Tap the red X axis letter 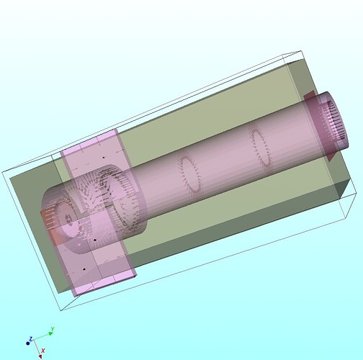(43, 351)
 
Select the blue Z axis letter (31, 338)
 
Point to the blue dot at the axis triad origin (29, 343)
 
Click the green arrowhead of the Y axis (49, 334)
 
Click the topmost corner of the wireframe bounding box (297, 52)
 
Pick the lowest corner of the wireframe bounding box (62, 310)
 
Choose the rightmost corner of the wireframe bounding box (356, 193)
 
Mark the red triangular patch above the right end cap (308, 96)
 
